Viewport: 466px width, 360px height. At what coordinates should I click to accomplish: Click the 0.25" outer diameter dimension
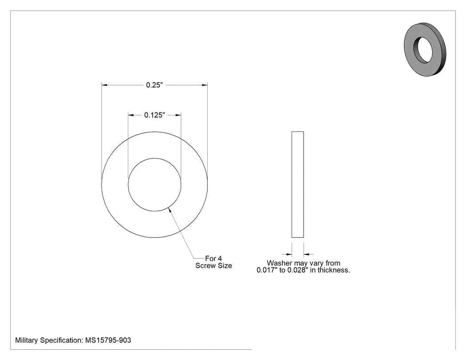[x=154, y=85]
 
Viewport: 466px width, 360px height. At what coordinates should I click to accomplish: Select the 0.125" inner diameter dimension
[x=154, y=115]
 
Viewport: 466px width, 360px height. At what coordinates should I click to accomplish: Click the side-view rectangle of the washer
[x=297, y=185]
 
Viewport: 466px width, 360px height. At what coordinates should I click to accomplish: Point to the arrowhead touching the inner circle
[x=170, y=210]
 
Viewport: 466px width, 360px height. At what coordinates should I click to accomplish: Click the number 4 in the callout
[x=220, y=258]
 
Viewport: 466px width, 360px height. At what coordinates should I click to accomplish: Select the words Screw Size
[x=213, y=266]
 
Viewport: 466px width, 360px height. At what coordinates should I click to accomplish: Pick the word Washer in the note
[x=279, y=263]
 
